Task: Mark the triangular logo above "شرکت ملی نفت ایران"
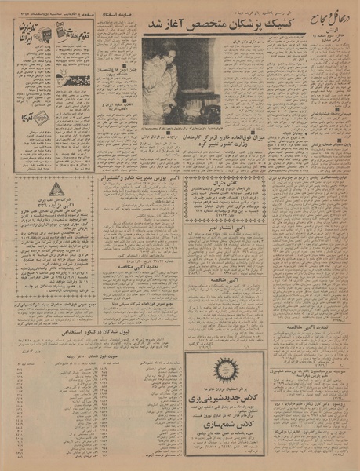coord(55,189)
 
